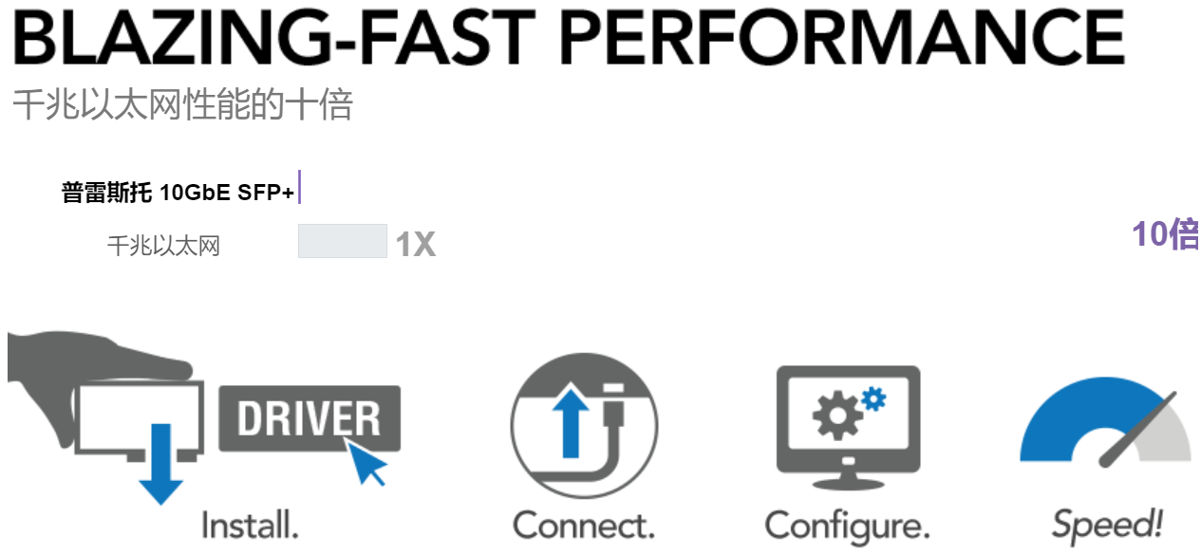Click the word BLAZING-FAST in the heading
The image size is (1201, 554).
click(273, 37)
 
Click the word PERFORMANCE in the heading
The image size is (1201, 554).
click(842, 37)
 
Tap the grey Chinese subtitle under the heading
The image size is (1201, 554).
click(183, 104)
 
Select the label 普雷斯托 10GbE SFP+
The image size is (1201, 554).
click(178, 192)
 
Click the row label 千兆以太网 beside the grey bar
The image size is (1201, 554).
click(163, 246)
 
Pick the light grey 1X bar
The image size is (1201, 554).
click(343, 241)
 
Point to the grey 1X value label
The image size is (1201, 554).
click(416, 245)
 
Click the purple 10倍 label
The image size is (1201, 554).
click(1166, 233)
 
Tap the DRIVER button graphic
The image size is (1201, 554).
click(310, 418)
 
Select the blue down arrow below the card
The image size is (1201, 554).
click(160, 464)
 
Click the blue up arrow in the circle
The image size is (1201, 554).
click(571, 423)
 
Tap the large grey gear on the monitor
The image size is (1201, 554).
click(837, 415)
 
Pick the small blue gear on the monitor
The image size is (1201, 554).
click(874, 399)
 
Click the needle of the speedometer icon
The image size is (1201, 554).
click(1136, 430)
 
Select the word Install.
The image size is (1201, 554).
click(250, 526)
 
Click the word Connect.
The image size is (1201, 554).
click(584, 526)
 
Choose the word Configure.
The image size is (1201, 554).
click(847, 527)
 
